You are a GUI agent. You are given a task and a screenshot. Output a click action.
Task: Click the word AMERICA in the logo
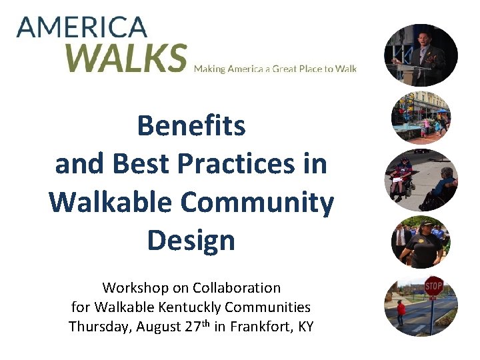coord(82,27)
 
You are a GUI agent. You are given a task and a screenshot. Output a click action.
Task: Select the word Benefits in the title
coord(191,125)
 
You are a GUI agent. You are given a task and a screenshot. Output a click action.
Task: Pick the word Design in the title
coord(191,240)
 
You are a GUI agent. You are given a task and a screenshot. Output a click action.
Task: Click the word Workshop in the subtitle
coord(129,288)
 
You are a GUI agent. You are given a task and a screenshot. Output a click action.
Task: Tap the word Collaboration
coord(237,288)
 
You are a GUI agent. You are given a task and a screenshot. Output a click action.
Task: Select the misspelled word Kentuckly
coord(193,307)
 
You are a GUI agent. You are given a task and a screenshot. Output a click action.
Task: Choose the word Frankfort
coord(259,327)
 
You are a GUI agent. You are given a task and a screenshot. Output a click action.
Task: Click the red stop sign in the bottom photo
coord(433,287)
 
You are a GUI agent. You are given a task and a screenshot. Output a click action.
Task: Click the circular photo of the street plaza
coord(421,118)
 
